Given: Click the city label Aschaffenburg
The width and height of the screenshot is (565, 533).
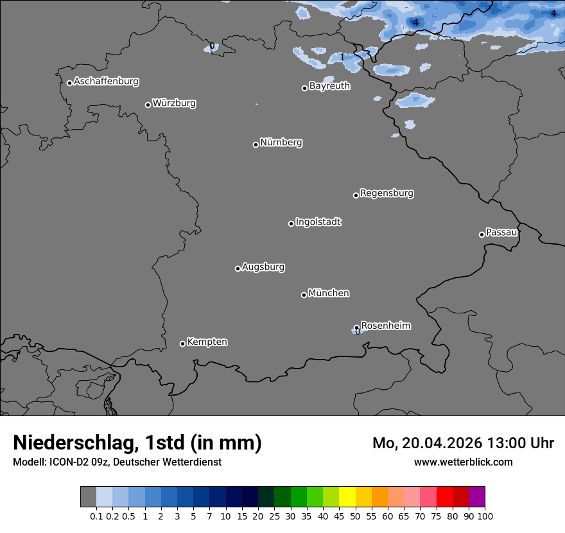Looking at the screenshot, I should click(106, 82).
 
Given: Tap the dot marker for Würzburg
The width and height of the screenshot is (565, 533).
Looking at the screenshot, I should click(148, 105).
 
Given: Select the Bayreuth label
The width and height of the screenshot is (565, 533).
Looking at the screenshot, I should click(329, 85).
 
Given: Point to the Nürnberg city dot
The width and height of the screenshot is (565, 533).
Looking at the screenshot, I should click(256, 144).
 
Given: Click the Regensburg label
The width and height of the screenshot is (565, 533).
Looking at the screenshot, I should click(387, 193).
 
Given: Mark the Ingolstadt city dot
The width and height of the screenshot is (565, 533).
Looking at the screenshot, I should click(291, 223).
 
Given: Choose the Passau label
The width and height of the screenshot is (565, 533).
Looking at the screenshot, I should click(501, 232).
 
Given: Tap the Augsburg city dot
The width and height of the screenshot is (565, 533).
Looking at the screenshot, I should click(238, 268).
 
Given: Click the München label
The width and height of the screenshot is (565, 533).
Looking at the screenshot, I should click(329, 293).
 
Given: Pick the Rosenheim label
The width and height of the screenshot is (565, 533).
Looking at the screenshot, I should click(385, 326).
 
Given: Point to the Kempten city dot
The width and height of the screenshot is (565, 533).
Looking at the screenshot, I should click(182, 344).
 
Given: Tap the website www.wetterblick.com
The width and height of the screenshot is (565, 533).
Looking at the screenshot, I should click(464, 462).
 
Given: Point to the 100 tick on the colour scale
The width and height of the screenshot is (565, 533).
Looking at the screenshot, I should click(485, 516).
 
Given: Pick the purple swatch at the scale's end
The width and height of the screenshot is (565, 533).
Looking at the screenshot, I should click(476, 497).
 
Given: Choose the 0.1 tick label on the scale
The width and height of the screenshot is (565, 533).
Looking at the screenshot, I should click(96, 516).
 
